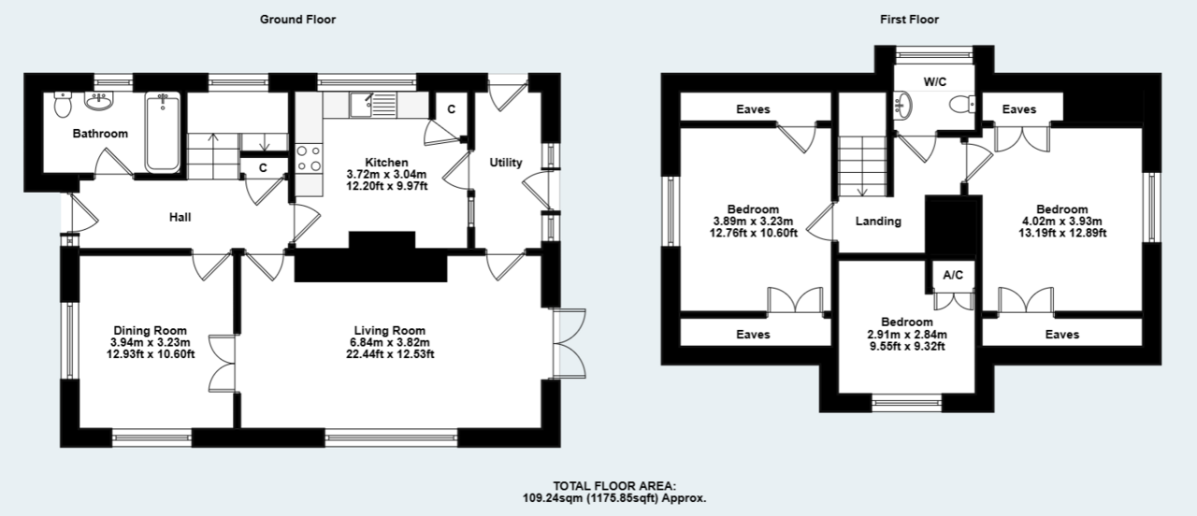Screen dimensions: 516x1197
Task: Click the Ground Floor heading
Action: coord(297,19)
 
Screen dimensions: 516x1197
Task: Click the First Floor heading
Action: coord(908,19)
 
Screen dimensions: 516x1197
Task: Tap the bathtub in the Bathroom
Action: coord(163,132)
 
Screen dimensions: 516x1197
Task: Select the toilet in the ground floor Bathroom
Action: coord(63,103)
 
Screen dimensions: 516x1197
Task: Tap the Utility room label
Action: coord(506,163)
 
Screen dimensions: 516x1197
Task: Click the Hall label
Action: coord(180,217)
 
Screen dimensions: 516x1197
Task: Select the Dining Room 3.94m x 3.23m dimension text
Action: coord(151,342)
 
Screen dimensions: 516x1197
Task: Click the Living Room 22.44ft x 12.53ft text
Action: coord(390,353)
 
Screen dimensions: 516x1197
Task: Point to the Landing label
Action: coord(879,222)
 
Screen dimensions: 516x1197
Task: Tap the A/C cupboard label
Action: coord(953,276)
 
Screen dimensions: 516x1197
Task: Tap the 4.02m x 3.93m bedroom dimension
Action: coord(1061,222)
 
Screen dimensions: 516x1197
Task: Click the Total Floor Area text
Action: coord(613,493)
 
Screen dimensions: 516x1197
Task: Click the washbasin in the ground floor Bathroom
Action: coord(98,100)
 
